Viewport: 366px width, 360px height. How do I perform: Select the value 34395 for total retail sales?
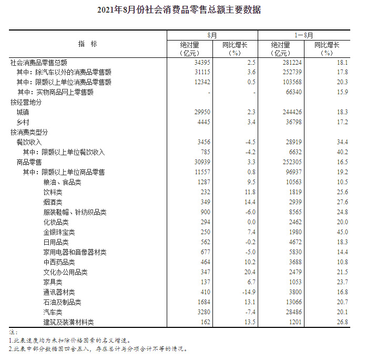click(201, 62)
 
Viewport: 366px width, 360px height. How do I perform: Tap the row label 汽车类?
click(53, 312)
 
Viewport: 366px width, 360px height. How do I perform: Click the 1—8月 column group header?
click(303, 35)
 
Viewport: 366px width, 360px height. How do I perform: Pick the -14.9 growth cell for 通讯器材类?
click(247, 292)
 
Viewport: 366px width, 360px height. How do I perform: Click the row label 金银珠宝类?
click(59, 232)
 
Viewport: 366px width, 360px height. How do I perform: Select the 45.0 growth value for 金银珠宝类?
click(342, 232)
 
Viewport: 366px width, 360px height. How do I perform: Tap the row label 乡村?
click(23, 122)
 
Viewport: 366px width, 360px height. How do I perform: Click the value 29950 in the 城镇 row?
click(201, 112)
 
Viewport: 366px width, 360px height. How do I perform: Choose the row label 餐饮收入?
click(29, 142)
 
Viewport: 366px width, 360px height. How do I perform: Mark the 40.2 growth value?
click(342, 152)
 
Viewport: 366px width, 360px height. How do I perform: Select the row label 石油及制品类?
click(62, 302)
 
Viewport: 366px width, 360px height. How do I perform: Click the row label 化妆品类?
click(56, 222)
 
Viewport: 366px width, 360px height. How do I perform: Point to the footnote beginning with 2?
click(98, 348)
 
